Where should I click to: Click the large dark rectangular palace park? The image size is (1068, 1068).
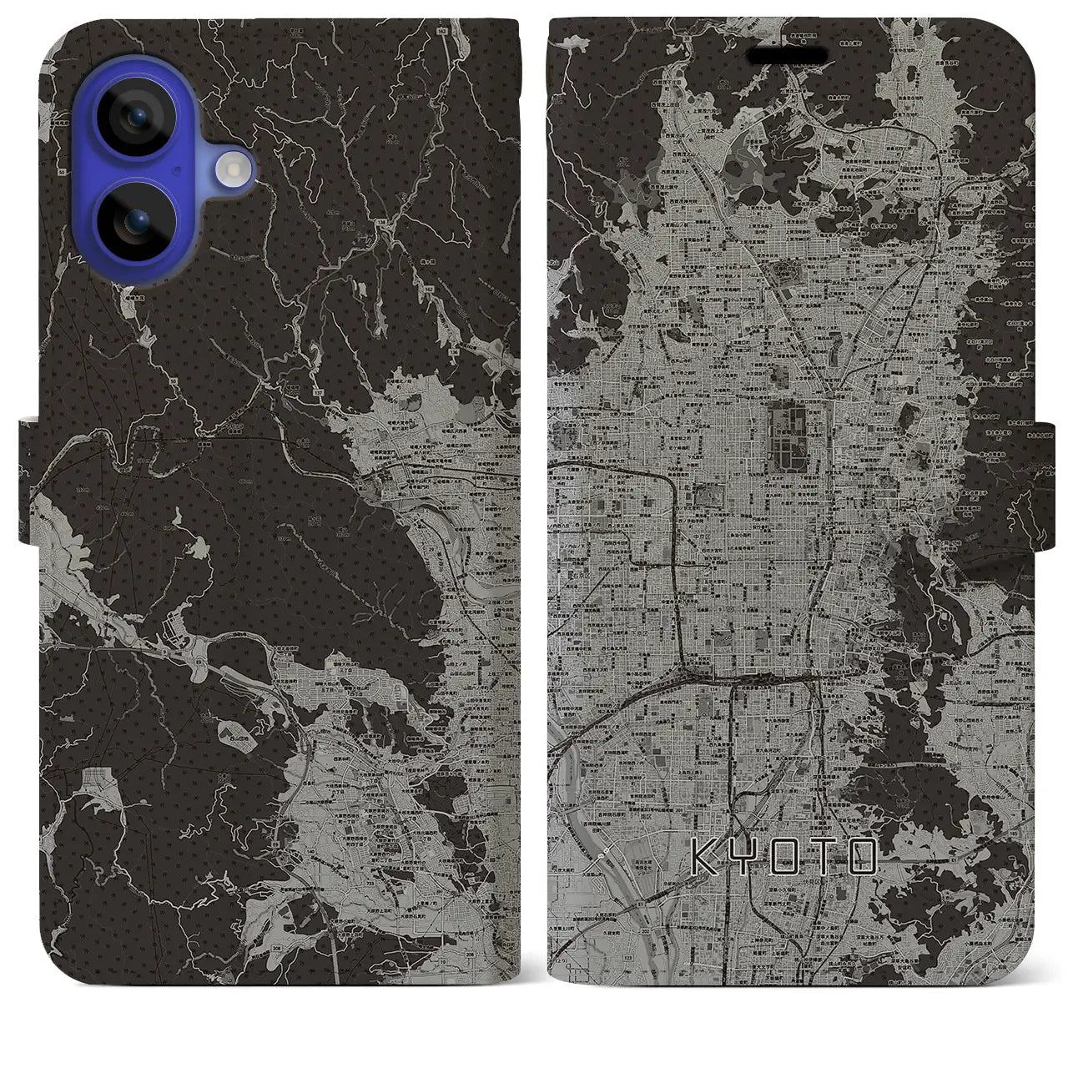[x=789, y=435]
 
